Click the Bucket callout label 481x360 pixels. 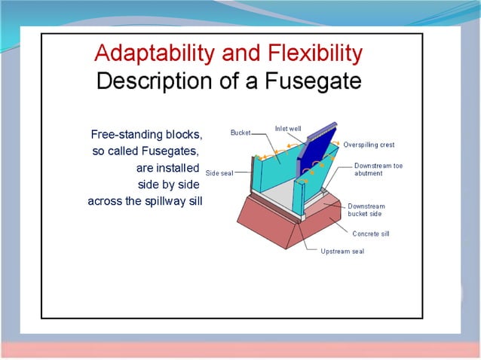[240, 133]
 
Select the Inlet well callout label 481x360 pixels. [289, 129]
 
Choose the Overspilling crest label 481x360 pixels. [369, 145]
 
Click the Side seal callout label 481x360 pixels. [219, 172]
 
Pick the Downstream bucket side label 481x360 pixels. [366, 210]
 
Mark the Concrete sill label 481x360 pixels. [371, 233]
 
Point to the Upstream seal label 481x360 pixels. [342, 252]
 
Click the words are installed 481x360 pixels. [167, 168]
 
